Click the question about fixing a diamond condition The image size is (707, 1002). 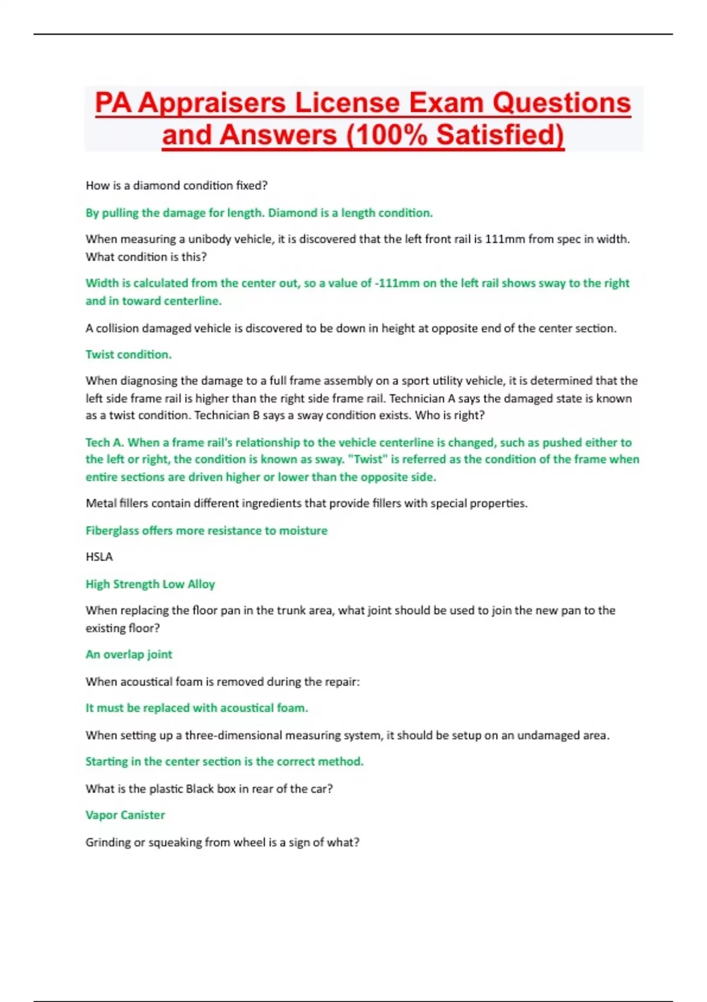tap(176, 186)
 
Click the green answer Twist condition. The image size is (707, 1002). tap(128, 354)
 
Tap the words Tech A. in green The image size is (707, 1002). tap(104, 443)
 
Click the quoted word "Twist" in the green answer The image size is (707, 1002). tap(368, 459)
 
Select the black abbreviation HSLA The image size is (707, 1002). tap(99, 557)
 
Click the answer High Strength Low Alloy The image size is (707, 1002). tap(150, 584)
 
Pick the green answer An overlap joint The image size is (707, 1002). tap(129, 654)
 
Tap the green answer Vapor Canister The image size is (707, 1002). tap(125, 815)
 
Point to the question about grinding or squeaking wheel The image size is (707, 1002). tap(222, 842)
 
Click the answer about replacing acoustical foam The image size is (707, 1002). tap(197, 708)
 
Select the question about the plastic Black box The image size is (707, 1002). tap(209, 789)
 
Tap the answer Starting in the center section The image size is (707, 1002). tap(224, 762)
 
